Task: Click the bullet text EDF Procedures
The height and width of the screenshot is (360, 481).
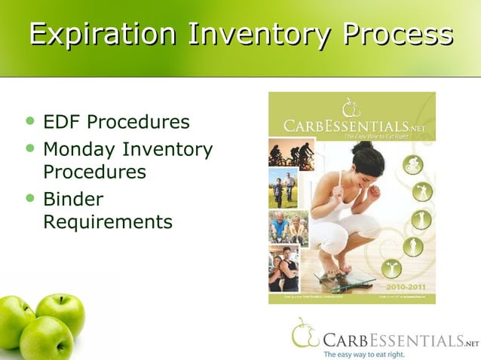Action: click(116, 122)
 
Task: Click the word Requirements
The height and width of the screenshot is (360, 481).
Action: click(107, 222)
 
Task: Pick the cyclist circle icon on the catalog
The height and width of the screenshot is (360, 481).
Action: click(412, 165)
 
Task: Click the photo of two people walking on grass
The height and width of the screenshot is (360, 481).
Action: click(283, 189)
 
